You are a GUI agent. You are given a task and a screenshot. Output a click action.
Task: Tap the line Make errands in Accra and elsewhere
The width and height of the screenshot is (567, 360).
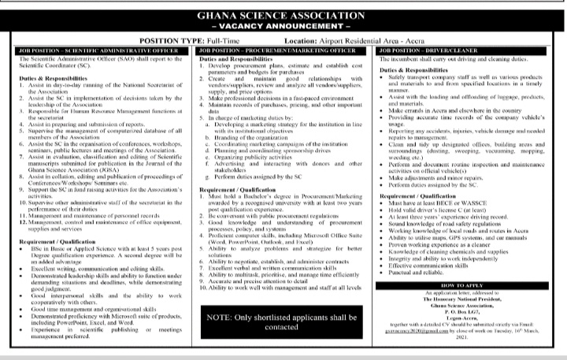click(465, 113)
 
